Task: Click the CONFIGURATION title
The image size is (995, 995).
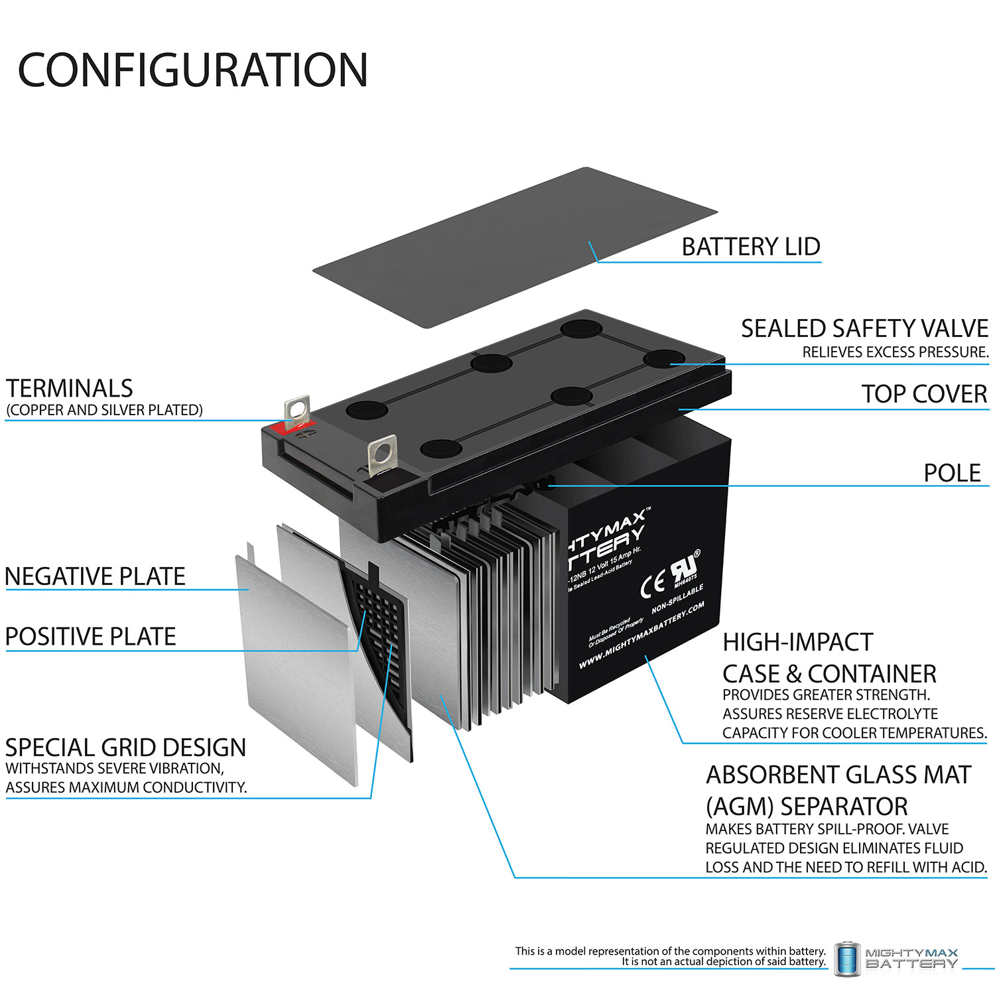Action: click(192, 70)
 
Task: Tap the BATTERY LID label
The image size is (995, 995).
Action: click(751, 247)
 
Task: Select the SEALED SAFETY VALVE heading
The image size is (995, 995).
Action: click(864, 329)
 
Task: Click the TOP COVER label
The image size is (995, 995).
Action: click(924, 394)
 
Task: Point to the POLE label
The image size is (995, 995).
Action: click(952, 473)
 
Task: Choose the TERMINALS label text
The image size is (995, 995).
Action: click(70, 388)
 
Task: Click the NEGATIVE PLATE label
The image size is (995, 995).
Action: click(95, 576)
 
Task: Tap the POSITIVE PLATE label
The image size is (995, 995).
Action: click(91, 637)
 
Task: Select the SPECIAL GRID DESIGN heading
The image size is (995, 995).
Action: click(125, 748)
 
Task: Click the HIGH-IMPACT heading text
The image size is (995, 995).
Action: click(797, 642)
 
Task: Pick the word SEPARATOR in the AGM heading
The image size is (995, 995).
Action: click(844, 807)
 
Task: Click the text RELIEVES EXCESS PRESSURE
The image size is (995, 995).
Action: click(895, 352)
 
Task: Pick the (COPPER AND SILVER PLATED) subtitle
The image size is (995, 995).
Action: click(105, 410)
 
